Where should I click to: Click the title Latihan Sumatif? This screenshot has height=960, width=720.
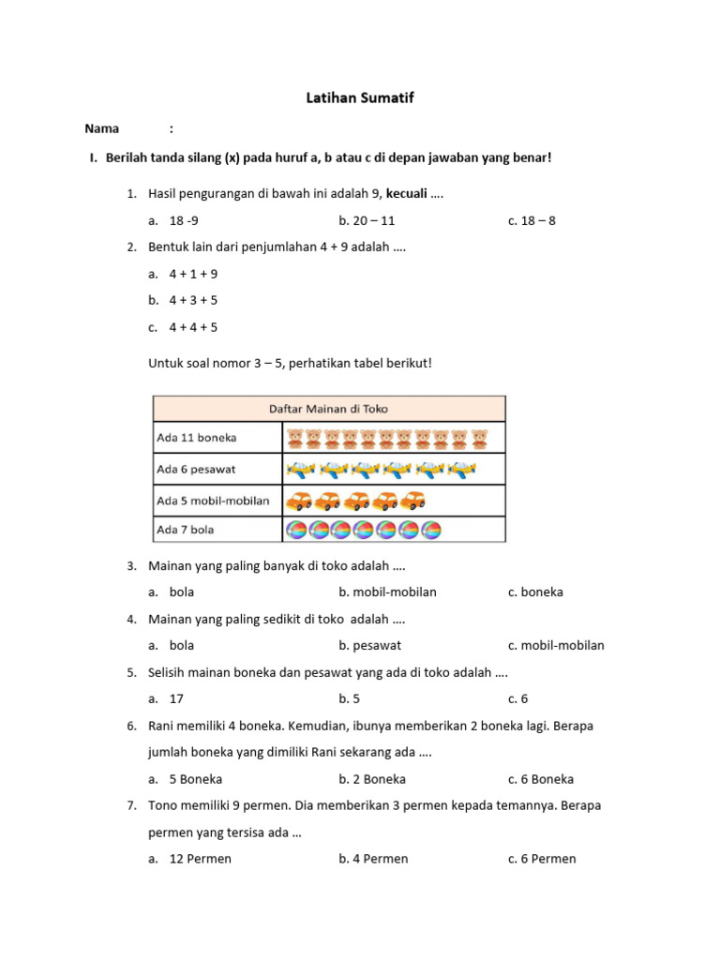[359, 97]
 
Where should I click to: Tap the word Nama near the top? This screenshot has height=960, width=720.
[102, 128]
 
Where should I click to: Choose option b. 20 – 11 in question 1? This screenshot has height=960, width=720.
[367, 221]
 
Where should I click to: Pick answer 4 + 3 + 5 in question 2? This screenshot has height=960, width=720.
[193, 301]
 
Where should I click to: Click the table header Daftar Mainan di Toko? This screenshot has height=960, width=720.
[328, 409]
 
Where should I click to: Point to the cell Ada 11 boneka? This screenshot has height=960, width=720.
[197, 438]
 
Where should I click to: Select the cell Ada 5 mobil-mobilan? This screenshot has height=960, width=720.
[213, 501]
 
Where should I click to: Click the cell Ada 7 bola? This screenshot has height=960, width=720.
[186, 530]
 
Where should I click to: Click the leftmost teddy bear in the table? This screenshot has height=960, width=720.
[294, 439]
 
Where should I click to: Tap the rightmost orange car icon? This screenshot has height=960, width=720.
[413, 501]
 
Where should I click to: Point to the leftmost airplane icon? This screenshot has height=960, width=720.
[300, 469]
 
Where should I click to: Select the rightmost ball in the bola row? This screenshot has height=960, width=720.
[431, 531]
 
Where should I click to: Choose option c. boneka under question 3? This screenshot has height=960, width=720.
[535, 592]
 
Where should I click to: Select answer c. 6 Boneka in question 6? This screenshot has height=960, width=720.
[541, 779]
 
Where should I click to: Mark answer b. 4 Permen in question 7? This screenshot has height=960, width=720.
[373, 860]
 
